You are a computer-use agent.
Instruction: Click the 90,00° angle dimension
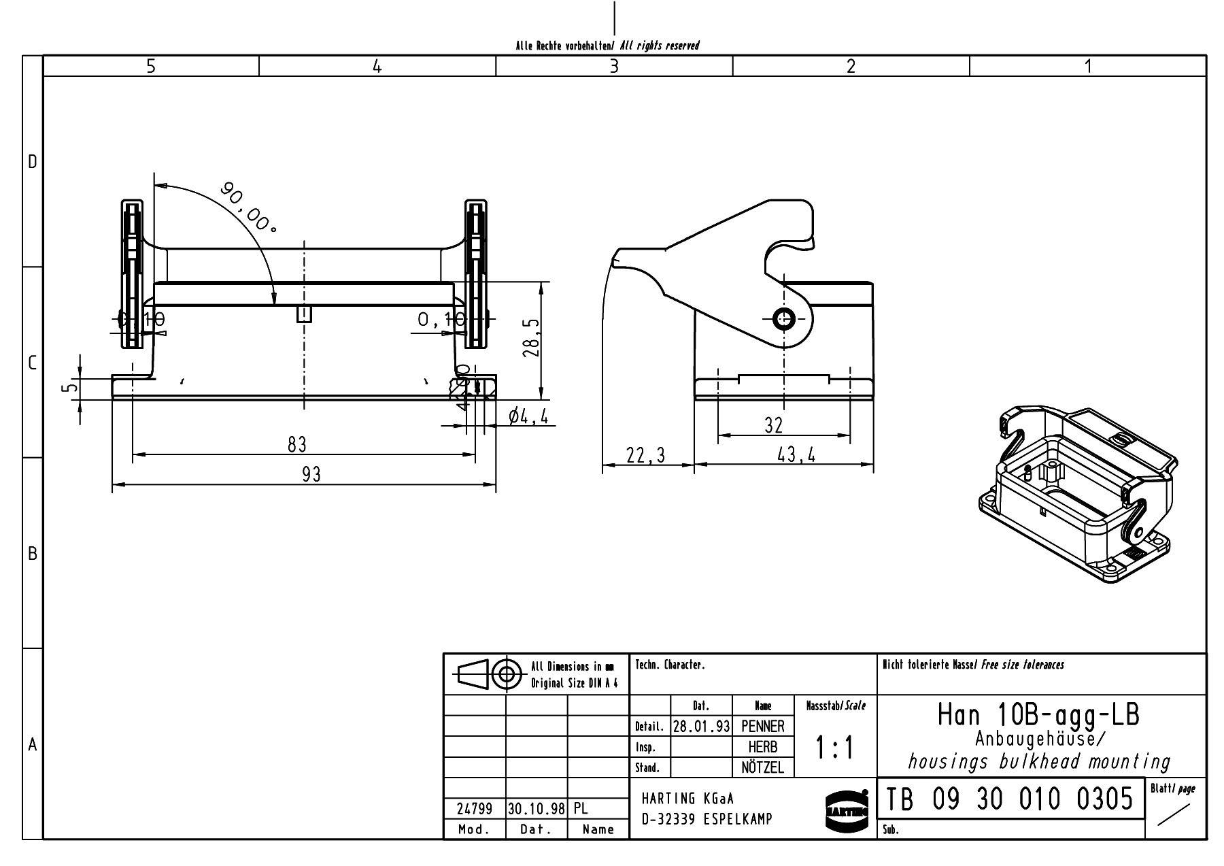tap(248, 207)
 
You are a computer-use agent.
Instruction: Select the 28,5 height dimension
tap(532, 337)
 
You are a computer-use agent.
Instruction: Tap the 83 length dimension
tap(296, 444)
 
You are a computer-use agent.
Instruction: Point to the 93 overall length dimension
tap(311, 474)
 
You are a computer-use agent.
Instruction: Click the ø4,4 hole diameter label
tap(528, 416)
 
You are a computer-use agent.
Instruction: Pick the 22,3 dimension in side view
tap(646, 454)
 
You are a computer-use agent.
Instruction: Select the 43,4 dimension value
tap(796, 454)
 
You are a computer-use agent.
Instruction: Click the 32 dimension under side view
tap(774, 425)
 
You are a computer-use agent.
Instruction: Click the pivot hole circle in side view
tap(784, 318)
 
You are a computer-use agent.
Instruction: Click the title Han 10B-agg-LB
tap(1038, 715)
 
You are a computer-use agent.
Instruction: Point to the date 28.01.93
tap(701, 727)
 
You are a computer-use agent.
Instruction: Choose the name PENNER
tap(762, 727)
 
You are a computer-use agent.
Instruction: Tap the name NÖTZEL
tap(762, 768)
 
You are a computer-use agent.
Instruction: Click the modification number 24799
tap(474, 809)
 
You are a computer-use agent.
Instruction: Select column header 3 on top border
tap(614, 66)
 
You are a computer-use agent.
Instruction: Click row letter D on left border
tap(32, 162)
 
